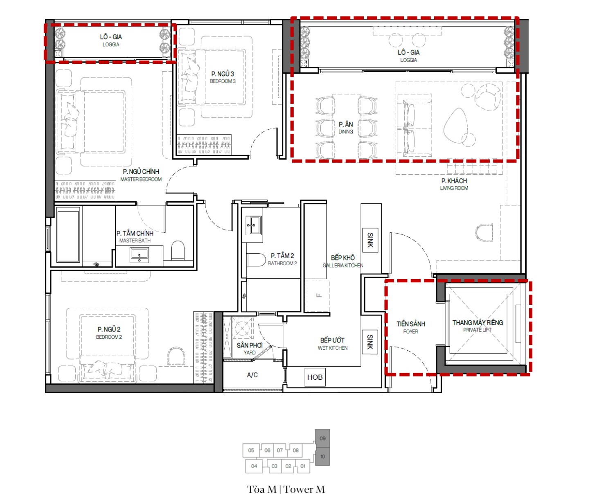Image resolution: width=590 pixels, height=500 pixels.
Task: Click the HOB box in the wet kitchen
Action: (315, 377)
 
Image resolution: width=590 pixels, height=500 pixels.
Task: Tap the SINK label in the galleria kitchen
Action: (370, 240)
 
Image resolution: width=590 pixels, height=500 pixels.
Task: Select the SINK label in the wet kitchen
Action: (370, 342)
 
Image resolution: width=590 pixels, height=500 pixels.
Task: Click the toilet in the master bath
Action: (178, 250)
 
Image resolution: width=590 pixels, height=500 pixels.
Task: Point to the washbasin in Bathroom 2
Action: (254, 225)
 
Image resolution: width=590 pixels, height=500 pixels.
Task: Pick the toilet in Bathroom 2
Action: (256, 260)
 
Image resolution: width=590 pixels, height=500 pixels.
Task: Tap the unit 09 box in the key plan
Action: (322, 438)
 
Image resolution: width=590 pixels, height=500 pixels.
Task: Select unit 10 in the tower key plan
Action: (322, 456)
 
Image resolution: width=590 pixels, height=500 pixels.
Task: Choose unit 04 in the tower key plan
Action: (254, 466)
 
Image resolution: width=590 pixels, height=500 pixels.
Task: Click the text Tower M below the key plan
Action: (304, 489)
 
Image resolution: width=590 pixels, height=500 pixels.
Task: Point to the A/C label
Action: (252, 375)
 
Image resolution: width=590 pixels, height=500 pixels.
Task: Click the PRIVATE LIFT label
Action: (477, 330)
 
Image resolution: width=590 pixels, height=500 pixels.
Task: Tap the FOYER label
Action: (410, 331)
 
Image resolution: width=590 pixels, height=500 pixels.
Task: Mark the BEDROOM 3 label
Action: (223, 81)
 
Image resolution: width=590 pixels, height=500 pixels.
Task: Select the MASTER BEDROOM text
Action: (141, 179)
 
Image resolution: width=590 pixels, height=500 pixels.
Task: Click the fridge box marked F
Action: (318, 296)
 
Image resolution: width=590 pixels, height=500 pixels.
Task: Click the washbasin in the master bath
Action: (139, 254)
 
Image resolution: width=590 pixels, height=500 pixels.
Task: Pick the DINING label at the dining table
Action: (346, 132)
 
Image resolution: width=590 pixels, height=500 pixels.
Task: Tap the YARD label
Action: (250, 352)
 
